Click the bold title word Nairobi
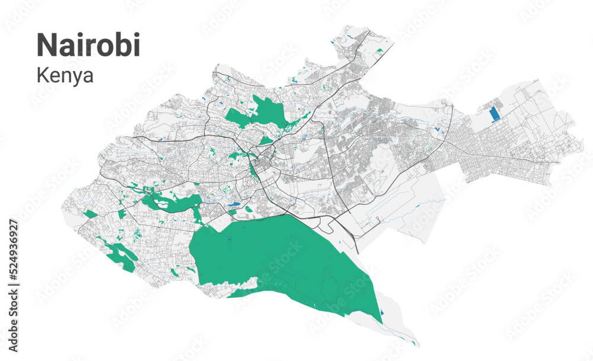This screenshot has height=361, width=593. (x=88, y=45)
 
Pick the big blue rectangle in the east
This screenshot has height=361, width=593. (x=493, y=114)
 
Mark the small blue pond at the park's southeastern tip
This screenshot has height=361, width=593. (x=382, y=313)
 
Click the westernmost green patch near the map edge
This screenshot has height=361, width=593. (x=90, y=213)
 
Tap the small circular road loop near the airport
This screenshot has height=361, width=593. (x=378, y=221)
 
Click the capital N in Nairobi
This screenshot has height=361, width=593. (x=46, y=46)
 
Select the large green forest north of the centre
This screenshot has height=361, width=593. (x=261, y=113)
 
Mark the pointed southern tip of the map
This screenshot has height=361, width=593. (x=417, y=345)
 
